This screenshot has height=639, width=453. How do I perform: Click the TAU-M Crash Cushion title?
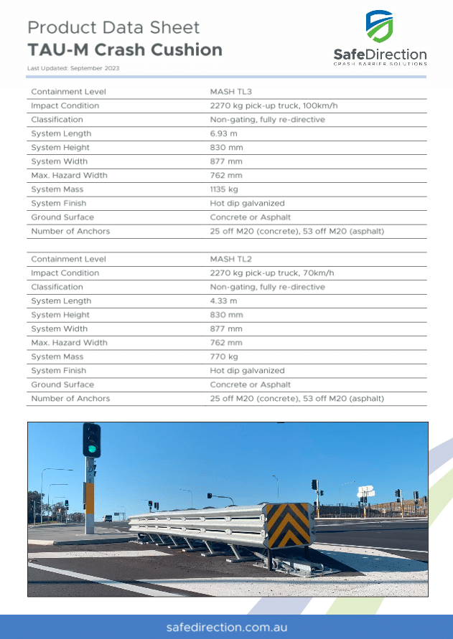(125, 49)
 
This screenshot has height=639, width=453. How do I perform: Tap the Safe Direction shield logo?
(379, 27)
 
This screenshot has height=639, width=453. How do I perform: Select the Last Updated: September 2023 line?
(73, 68)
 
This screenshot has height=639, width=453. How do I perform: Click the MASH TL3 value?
(230, 92)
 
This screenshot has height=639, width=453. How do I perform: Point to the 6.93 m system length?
(223, 133)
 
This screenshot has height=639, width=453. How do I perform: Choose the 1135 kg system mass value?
(224, 189)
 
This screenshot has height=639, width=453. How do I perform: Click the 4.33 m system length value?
(223, 301)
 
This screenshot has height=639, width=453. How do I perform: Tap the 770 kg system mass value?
(224, 356)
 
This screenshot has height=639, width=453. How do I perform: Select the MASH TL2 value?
(230, 259)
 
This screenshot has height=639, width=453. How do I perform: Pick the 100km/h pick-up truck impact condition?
(274, 105)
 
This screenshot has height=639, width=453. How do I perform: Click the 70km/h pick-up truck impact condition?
(272, 273)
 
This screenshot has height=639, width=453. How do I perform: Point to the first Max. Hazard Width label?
(69, 176)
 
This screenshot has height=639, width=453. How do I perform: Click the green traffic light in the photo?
(91, 450)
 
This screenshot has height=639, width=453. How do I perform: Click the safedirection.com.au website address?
(226, 627)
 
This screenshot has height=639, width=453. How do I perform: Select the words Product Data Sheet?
(113, 28)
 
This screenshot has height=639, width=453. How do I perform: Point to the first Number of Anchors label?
(70, 231)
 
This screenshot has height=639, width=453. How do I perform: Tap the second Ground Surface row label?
(62, 384)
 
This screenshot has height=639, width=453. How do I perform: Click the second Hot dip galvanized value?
(247, 371)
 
